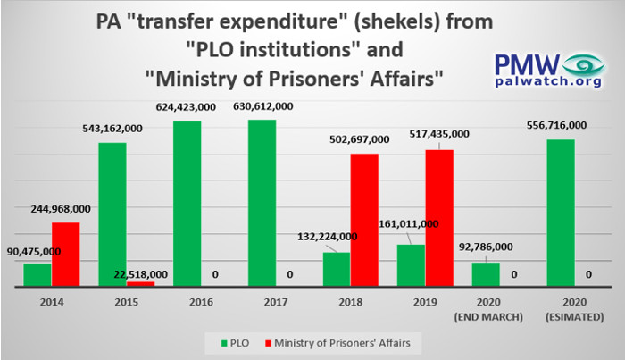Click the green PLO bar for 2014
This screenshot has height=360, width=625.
click(37, 275)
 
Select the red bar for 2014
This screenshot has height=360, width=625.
click(65, 255)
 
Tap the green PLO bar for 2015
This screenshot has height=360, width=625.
click(112, 214)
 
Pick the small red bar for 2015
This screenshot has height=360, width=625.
click(140, 284)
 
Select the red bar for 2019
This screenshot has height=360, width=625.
click(439, 218)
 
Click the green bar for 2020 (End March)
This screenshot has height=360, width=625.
click(486, 274)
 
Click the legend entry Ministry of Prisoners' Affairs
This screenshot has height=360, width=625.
click(341, 342)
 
